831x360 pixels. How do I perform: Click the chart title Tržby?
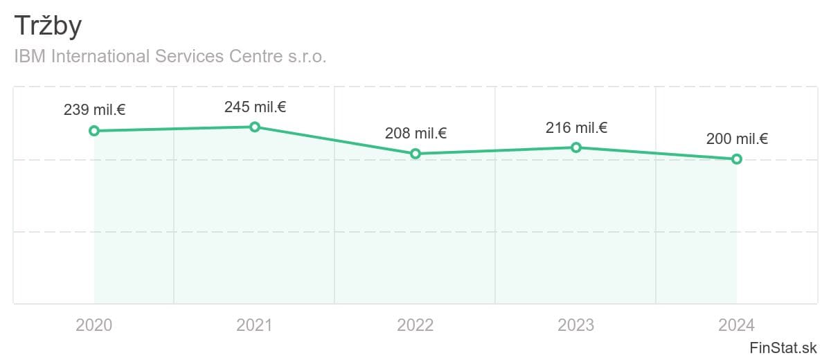(48, 26)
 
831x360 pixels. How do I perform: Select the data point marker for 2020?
(94, 131)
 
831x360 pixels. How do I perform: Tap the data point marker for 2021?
(255, 127)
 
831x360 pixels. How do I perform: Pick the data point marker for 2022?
(415, 154)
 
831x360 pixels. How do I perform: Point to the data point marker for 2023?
(576, 147)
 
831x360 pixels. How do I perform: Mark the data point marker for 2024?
(737, 159)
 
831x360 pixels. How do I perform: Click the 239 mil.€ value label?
(94, 109)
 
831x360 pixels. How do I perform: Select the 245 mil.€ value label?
(255, 107)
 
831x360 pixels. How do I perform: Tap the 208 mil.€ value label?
(415, 134)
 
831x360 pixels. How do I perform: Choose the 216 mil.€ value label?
(576, 127)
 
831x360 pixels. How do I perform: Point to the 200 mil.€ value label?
(737, 138)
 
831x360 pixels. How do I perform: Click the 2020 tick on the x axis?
(94, 325)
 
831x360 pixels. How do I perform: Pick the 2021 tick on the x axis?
(255, 325)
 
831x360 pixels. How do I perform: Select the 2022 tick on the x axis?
(415, 325)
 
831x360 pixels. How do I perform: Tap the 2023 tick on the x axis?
(576, 325)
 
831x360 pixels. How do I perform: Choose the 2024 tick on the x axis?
(737, 325)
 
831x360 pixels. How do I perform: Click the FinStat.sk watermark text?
(783, 347)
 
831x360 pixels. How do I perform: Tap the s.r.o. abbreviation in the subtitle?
(306, 56)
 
